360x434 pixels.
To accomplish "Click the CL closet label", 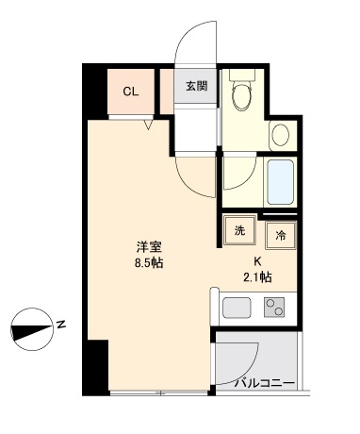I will [131, 92].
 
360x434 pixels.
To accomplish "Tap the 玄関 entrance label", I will [196, 87].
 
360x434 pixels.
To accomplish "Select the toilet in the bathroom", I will [243, 93].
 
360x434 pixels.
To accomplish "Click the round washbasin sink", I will [281, 135].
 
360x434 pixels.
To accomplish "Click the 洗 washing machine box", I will [239, 231].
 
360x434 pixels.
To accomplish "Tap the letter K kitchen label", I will [256, 261].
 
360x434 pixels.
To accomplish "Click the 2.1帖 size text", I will [258, 277].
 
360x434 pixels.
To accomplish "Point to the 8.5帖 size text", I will [149, 263].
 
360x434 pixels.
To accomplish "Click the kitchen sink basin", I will [237, 309].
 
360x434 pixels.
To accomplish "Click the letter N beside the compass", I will [60, 325].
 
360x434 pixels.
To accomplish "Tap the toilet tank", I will [242, 75].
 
